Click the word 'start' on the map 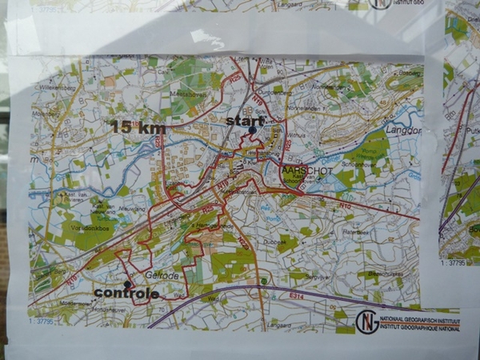(x=243, y=120)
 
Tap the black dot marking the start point (x=252, y=130)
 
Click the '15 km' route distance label (x=138, y=127)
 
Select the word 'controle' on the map (x=130, y=294)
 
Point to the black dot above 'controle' (x=127, y=283)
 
